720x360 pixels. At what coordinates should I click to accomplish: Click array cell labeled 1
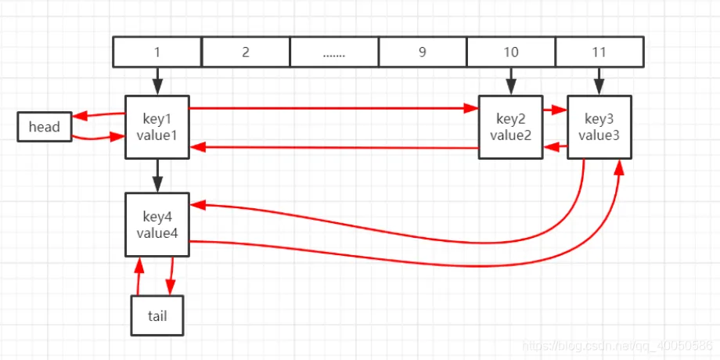[x=157, y=52]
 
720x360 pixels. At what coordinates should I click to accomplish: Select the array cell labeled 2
[x=246, y=52]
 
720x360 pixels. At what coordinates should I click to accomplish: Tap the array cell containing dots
[x=334, y=52]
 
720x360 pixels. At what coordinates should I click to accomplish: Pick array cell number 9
[x=423, y=52]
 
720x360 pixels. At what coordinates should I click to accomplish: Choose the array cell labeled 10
[x=511, y=52]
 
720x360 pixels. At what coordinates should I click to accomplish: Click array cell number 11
[x=599, y=52]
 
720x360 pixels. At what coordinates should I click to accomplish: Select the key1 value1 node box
[x=157, y=127]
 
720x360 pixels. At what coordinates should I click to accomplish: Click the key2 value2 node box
[x=510, y=127]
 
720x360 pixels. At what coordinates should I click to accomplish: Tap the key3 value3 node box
[x=599, y=127]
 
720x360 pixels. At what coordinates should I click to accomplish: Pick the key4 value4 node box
[x=157, y=224]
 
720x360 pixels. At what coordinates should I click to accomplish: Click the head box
[x=45, y=127]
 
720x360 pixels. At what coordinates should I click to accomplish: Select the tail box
[x=157, y=315]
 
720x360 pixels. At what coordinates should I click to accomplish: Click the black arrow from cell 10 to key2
[x=511, y=81]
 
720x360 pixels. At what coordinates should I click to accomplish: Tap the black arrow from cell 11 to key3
[x=599, y=81]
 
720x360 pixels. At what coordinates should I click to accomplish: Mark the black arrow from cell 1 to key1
[x=157, y=81]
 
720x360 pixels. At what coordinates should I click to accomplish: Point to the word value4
[x=157, y=232]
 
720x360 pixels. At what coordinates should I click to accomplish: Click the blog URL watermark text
[x=618, y=345]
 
